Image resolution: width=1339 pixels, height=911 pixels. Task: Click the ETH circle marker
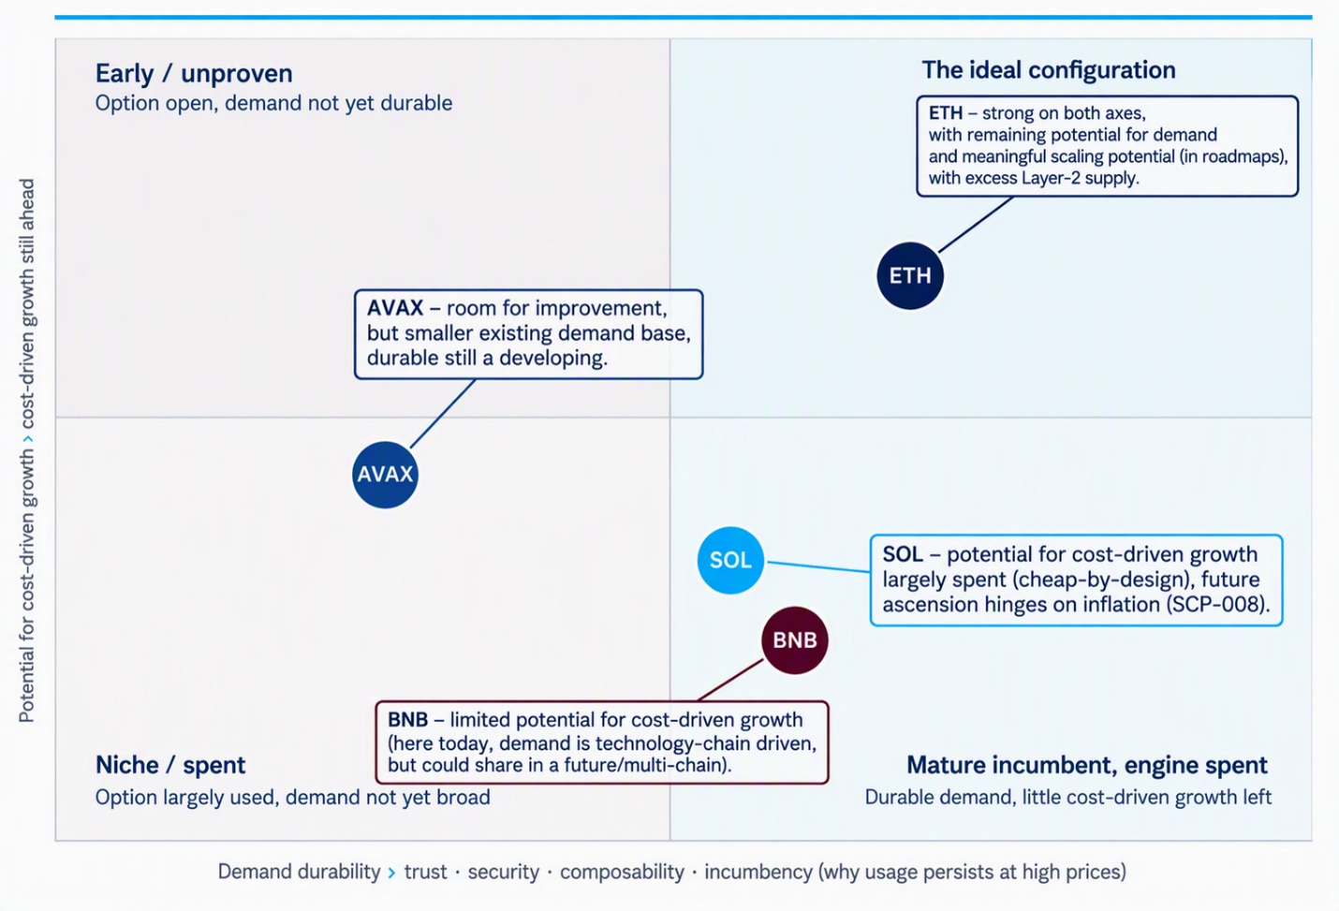(x=910, y=275)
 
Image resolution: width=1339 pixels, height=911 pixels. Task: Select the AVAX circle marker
(x=385, y=475)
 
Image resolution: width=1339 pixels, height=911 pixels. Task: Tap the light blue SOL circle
(x=730, y=560)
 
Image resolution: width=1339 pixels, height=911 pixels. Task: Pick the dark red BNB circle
(x=794, y=640)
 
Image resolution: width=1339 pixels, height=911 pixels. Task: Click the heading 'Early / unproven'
(x=194, y=74)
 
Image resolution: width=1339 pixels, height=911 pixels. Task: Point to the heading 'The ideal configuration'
(x=1049, y=70)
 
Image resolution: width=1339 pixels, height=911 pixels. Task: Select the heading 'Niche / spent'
(x=170, y=765)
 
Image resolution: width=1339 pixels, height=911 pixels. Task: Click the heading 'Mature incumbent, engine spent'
(x=1087, y=765)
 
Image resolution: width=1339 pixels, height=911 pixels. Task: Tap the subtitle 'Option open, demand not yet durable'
(x=273, y=103)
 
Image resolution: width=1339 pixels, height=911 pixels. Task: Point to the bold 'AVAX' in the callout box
(x=395, y=308)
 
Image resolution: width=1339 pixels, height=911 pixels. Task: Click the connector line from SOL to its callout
(x=818, y=566)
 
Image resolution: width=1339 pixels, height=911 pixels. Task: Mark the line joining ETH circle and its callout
(x=976, y=225)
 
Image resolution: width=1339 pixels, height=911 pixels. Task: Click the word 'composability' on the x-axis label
(x=622, y=873)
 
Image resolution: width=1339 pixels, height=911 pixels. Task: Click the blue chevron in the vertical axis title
(x=27, y=439)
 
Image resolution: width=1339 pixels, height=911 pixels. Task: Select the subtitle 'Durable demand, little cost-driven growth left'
(x=1068, y=797)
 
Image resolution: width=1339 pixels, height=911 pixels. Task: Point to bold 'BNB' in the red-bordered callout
(x=407, y=719)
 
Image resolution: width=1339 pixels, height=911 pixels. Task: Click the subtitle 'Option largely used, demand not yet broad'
(x=292, y=797)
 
